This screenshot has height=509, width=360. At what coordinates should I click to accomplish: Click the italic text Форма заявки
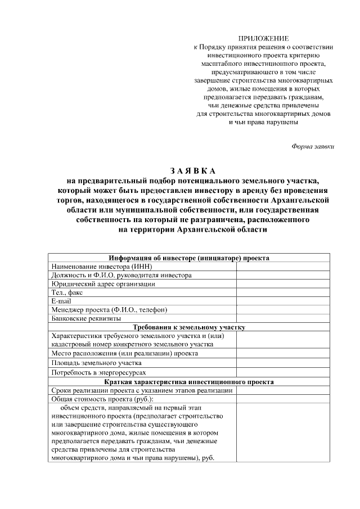(x=313, y=146)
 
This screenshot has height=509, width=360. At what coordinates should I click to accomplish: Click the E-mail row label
(x=61, y=301)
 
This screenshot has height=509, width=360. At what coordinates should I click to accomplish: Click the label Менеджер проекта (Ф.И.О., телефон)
(x=109, y=310)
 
